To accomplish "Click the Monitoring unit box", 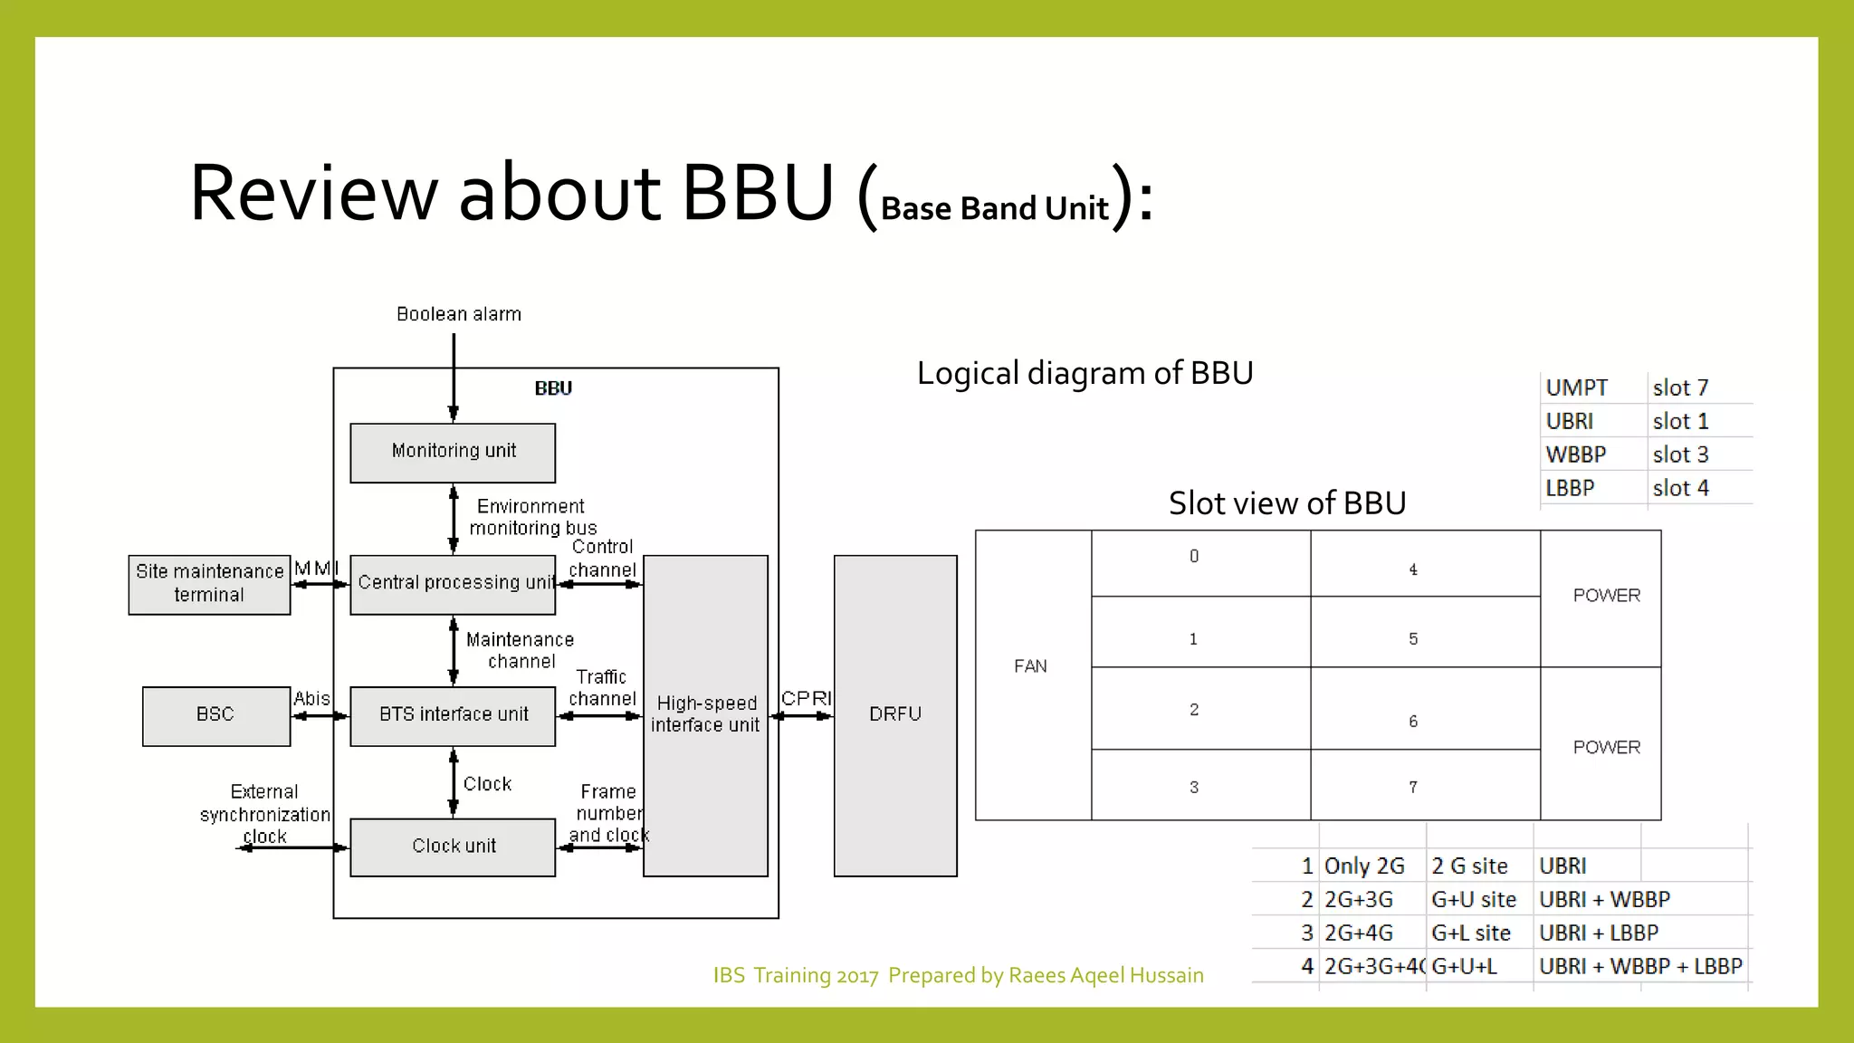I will (453, 452).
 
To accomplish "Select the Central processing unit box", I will (453, 584).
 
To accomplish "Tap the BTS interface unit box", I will (453, 715).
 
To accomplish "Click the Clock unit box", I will (453, 847).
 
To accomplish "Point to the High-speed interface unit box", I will (705, 714).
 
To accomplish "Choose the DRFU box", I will (894, 714).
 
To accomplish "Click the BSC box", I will (215, 715).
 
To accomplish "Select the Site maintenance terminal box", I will (209, 584).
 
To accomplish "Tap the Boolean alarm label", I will (459, 314).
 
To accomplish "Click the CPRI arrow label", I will (806, 698).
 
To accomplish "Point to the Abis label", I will (311, 698).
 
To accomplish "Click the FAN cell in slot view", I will (1032, 667).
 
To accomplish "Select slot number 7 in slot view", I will (1413, 787).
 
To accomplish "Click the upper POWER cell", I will (1605, 596).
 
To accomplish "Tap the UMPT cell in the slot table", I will (1577, 388).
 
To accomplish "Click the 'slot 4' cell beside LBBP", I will (1680, 488).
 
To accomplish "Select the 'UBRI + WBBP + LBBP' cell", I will (1639, 966).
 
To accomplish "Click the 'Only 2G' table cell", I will (1364, 866).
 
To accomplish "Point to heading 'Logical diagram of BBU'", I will (1085, 373).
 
